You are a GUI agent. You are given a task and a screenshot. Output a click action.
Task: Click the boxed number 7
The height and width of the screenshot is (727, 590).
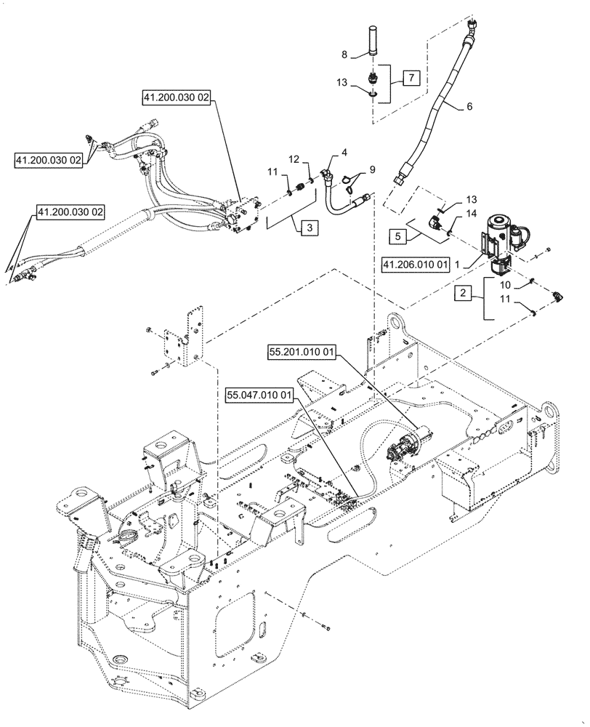click(411, 77)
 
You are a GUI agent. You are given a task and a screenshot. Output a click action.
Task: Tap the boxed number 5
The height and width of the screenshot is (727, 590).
click(398, 235)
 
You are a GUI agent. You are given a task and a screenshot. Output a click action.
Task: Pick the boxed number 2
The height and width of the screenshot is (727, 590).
click(461, 294)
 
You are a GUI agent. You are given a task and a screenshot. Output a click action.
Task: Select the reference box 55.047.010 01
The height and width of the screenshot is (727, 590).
click(259, 395)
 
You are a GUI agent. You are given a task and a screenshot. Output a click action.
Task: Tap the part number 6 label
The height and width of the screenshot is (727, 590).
click(469, 106)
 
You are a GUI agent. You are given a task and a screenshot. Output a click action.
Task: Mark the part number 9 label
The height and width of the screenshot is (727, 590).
click(372, 169)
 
